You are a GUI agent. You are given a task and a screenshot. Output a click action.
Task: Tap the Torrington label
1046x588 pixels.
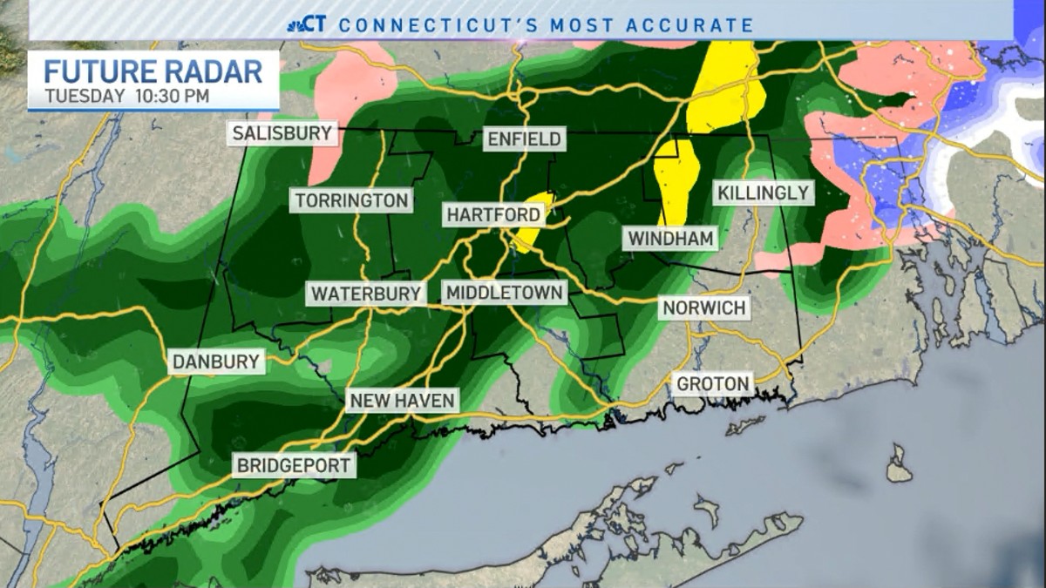[351, 200]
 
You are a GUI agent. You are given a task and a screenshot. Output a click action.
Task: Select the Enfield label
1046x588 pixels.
[525, 139]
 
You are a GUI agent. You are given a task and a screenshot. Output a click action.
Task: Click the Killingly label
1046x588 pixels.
[763, 193]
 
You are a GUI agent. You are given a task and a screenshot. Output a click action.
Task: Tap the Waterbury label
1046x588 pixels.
[366, 294]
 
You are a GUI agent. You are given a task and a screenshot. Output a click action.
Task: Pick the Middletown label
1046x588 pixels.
[505, 294]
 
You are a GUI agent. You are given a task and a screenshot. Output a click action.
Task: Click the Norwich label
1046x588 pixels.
[703, 308]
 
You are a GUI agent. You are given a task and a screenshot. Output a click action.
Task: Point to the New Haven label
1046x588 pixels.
[402, 401]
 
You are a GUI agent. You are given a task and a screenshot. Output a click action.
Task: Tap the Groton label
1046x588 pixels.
[712, 383]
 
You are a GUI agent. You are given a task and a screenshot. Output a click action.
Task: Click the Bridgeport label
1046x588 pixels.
[294, 465]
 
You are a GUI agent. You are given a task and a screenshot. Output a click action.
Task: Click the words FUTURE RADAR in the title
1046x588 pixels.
[153, 71]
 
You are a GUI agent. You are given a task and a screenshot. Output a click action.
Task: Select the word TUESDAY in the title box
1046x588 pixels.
[85, 96]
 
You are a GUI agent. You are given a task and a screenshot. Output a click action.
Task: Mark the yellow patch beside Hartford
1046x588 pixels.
[533, 222]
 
